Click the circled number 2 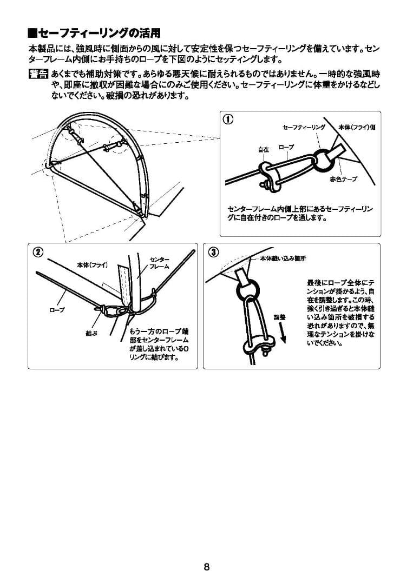(37, 251)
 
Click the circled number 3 (213, 251)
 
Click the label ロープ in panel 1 (286, 147)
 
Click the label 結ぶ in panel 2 (91, 334)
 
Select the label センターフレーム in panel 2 (159, 263)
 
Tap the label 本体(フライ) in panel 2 (93, 265)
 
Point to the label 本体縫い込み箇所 (283, 258)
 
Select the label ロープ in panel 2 (57, 309)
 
